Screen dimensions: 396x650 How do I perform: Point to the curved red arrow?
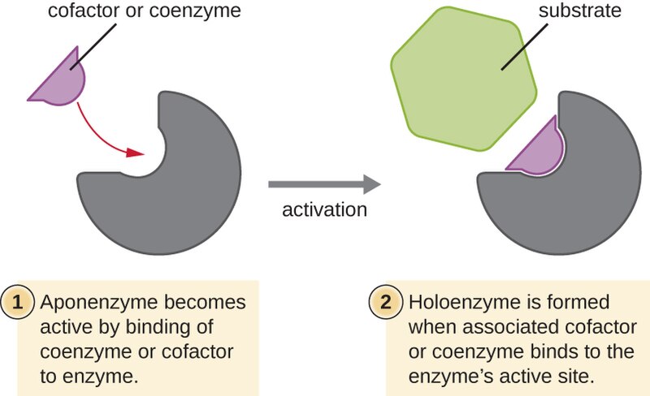(x=102, y=134)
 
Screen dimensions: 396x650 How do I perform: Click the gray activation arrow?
(x=325, y=184)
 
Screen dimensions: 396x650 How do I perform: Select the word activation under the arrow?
(x=324, y=210)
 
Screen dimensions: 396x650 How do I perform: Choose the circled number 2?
(x=384, y=303)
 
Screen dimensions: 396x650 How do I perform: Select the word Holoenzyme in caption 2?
(x=454, y=303)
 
